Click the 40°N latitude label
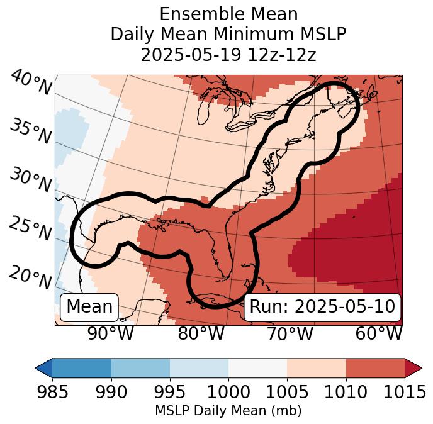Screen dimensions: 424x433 click(x=30, y=84)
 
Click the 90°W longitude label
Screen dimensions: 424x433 click(x=111, y=333)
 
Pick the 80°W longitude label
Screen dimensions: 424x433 click(x=201, y=333)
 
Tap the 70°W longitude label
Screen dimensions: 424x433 click(x=290, y=333)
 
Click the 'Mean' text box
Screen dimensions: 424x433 click(x=89, y=307)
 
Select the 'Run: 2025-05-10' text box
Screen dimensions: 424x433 click(x=322, y=307)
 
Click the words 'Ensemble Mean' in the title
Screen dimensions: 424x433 click(x=228, y=14)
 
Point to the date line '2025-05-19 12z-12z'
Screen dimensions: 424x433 click(x=228, y=55)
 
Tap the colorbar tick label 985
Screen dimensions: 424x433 click(x=52, y=393)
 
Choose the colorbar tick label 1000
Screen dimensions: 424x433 click(x=228, y=393)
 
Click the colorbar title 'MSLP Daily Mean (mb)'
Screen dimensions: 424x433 click(x=228, y=411)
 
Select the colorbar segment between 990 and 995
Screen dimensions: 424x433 click(x=140, y=368)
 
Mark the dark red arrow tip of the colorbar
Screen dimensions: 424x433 click(x=413, y=368)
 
